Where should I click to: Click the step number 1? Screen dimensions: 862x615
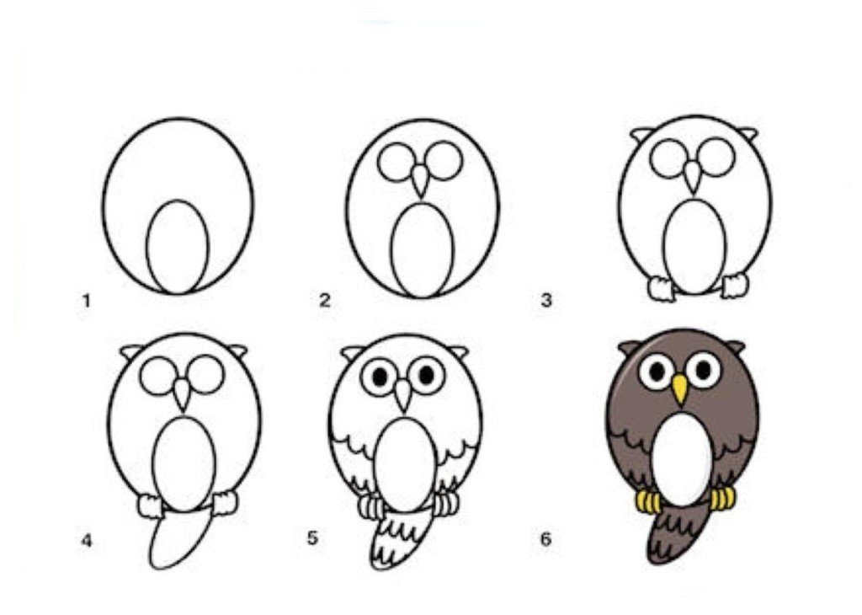click(86, 301)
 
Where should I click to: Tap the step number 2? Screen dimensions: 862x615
click(325, 301)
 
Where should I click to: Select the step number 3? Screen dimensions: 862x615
click(545, 301)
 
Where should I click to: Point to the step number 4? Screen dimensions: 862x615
click(87, 542)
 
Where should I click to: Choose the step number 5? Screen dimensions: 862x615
click(312, 538)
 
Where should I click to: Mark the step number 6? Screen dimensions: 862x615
click(545, 540)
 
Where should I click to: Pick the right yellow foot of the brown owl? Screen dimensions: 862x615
click(722, 499)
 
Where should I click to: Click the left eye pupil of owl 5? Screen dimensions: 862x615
click(380, 377)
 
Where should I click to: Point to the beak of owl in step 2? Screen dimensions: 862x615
click(420, 180)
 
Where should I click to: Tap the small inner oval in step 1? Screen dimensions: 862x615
click(178, 247)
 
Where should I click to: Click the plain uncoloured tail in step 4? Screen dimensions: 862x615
click(177, 539)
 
